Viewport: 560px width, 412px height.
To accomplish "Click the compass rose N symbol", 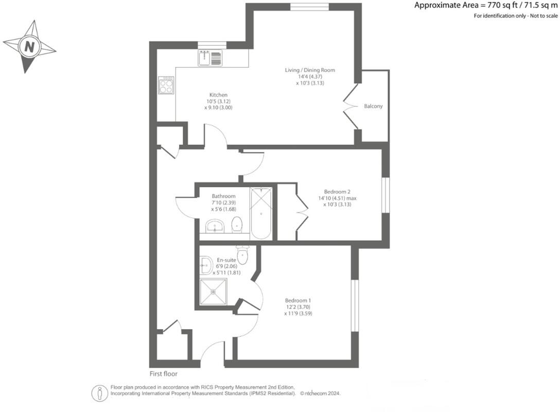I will coord(29,47).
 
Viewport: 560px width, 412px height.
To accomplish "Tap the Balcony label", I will coord(373,106).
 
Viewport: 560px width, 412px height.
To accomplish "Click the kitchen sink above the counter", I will coord(210,58).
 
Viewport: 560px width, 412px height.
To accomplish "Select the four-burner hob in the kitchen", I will coord(166,85).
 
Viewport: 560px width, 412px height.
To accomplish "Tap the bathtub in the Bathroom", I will coord(261,213).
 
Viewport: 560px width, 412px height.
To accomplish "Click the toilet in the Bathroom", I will coord(237,224).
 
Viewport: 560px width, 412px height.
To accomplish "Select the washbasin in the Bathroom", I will coord(214,225).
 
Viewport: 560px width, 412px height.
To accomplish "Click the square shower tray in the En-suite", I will coord(213,292).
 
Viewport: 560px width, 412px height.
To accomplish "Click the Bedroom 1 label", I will coord(298,300).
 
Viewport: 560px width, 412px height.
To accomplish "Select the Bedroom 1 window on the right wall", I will coord(354,306).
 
